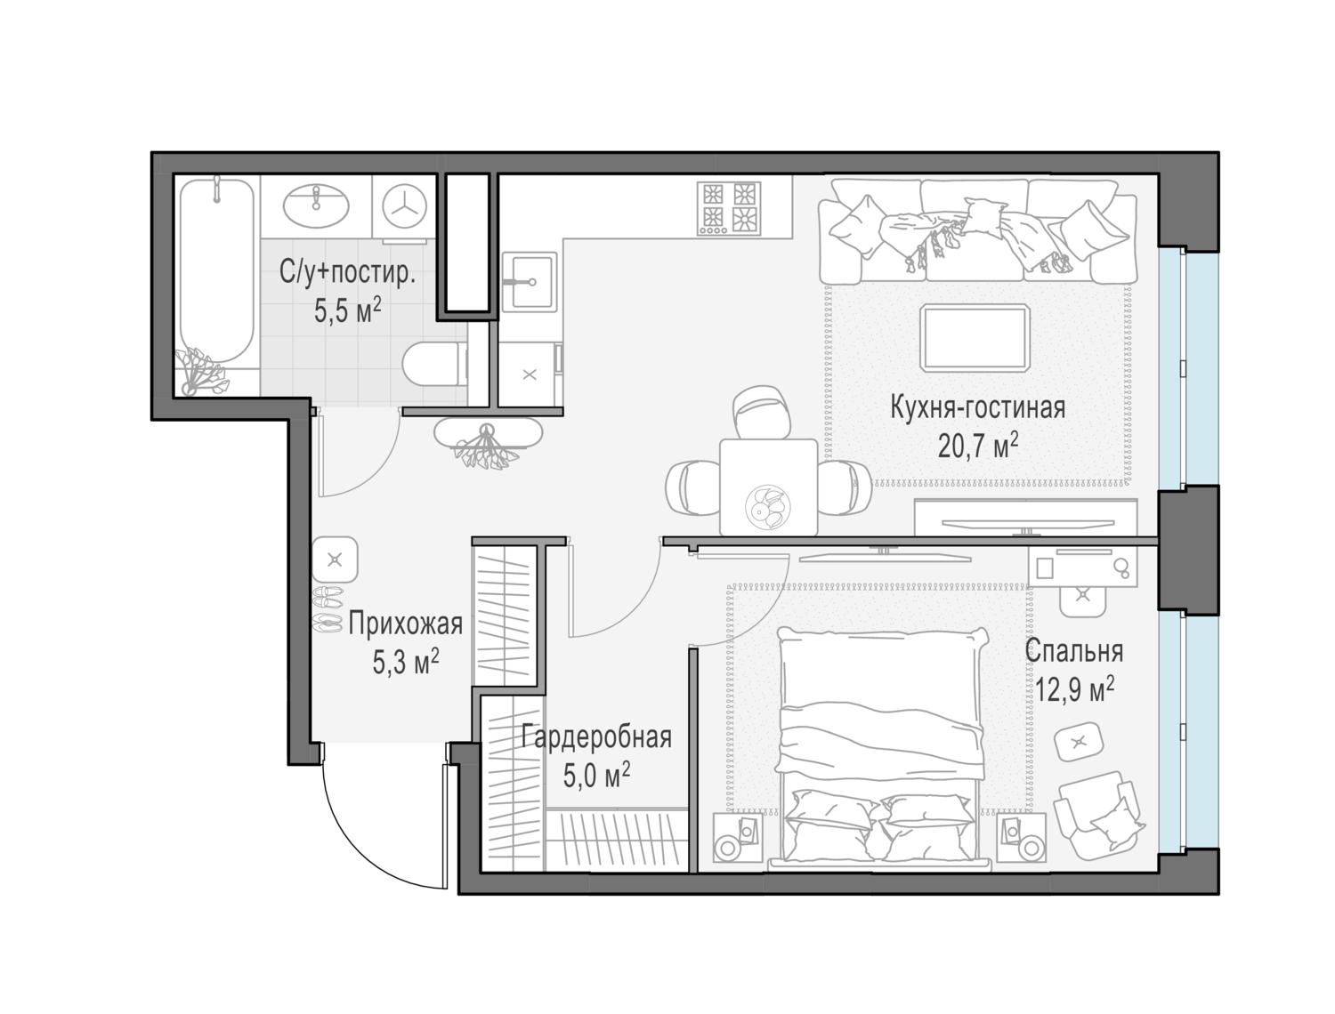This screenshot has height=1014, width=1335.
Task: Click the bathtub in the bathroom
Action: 216,271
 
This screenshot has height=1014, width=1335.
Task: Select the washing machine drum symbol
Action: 404,206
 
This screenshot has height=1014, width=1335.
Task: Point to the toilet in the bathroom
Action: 433,363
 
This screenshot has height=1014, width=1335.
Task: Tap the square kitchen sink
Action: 530,282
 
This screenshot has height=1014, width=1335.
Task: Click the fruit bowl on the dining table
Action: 768,506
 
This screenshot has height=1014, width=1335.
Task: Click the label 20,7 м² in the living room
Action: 977,447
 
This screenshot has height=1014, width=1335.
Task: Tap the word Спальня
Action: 1074,651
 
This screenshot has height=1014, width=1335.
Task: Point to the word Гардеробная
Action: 596,737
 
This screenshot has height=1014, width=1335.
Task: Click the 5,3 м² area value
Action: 406,662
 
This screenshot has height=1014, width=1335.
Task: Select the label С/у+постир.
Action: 347,273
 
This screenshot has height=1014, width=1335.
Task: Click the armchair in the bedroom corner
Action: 1098,816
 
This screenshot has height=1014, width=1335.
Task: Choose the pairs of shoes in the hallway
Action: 328,609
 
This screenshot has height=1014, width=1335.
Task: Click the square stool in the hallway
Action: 335,559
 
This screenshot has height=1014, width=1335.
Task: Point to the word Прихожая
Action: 405,624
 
